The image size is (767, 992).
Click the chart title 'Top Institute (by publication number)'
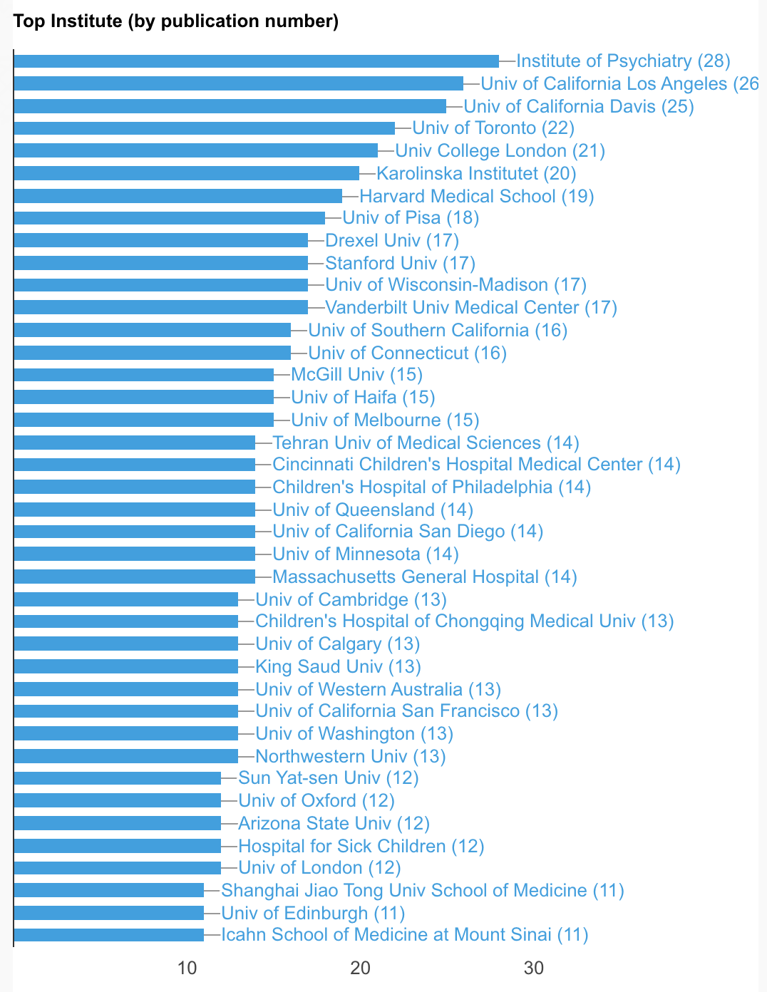pos(176,21)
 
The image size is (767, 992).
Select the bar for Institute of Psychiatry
pos(256,61)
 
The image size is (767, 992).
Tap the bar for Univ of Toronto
pos(204,128)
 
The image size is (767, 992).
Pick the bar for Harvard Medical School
pos(177,196)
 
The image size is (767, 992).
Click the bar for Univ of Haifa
pos(143,397)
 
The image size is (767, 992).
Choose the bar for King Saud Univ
pos(125,666)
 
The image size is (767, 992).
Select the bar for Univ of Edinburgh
pos(108,913)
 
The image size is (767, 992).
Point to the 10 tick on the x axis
pos(187,968)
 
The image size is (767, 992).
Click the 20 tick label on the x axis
pos(360,968)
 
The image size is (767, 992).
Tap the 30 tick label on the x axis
pos(534,968)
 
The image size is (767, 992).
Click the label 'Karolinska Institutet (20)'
pos(476,173)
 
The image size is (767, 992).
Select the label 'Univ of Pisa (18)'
pos(411,218)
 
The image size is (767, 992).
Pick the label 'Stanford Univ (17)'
pos(400,263)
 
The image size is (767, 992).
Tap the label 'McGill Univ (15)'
pos(356,375)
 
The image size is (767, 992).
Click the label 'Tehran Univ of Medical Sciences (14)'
pos(426,443)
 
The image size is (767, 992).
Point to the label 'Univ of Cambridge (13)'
pos(351,599)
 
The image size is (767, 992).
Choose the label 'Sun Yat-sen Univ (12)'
pos(328,777)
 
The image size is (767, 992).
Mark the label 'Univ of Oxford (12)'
pos(316,800)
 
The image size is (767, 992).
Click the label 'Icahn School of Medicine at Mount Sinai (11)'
pos(404,935)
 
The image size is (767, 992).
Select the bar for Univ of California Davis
pos(230,106)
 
